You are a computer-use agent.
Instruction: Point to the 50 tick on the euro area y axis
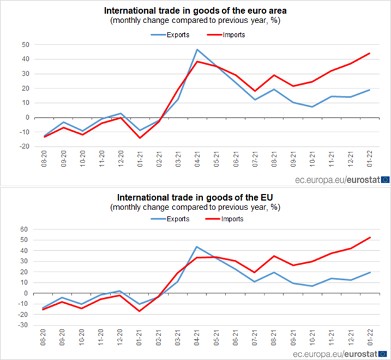25,45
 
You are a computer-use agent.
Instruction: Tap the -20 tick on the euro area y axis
23,146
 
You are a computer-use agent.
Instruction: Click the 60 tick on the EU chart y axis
25,230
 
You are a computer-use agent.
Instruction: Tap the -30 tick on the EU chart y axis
23,325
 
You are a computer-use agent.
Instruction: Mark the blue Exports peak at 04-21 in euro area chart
197,50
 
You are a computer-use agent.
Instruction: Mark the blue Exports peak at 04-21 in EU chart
197,246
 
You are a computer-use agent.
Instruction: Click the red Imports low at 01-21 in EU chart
140,311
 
